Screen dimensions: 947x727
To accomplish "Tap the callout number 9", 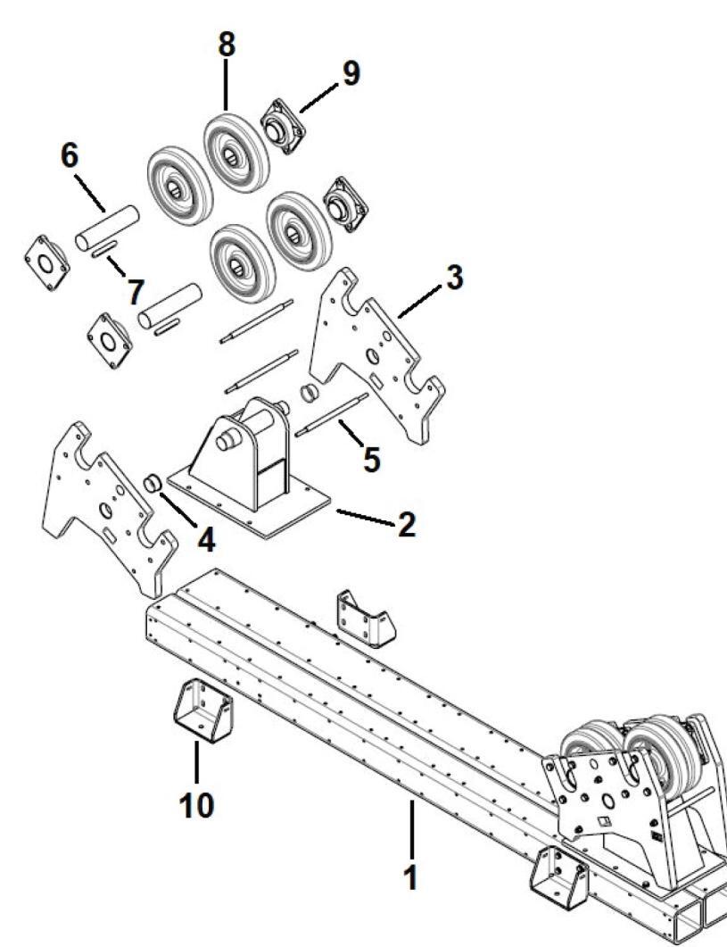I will coord(351,74).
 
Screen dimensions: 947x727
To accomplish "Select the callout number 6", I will coord(69,155).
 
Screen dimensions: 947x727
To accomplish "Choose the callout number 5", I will coord(371,456).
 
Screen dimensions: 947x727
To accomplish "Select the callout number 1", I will coord(410,876).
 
